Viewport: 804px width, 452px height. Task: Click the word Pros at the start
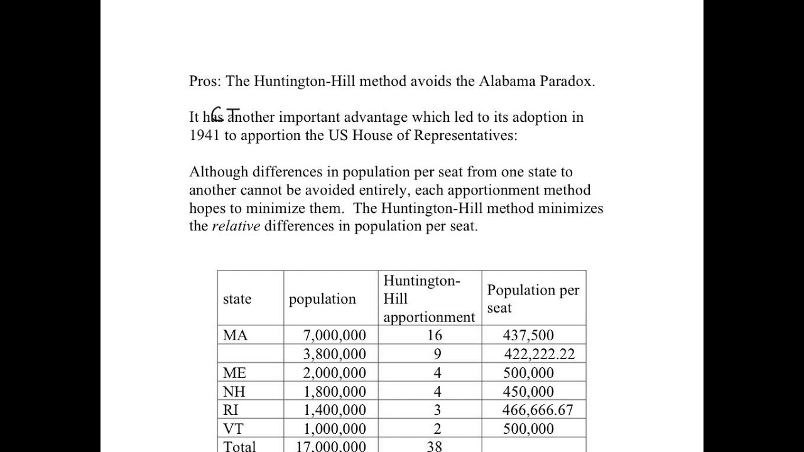point(204,81)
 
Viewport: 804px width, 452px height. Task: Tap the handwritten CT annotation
point(225,113)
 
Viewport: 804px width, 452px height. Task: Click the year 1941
point(204,136)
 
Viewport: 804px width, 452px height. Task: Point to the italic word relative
point(236,226)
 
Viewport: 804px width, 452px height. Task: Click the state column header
point(237,299)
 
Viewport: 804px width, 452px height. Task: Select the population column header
point(322,299)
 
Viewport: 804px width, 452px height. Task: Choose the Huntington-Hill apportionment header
point(429,299)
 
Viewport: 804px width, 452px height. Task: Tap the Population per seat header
point(533,299)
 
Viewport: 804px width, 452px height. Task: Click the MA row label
point(236,335)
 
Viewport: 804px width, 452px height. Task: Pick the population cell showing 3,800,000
point(334,354)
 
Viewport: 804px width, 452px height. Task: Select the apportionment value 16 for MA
point(435,335)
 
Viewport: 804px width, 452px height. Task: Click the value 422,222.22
point(539,354)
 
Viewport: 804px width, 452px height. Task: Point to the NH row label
point(234,392)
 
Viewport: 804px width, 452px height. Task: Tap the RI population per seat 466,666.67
point(538,410)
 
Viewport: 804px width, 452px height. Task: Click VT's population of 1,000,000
point(334,429)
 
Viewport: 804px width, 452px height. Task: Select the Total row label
point(239,446)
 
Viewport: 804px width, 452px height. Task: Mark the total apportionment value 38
point(434,446)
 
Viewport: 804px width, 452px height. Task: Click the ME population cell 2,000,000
point(334,373)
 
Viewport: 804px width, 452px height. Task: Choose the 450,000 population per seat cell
point(528,392)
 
